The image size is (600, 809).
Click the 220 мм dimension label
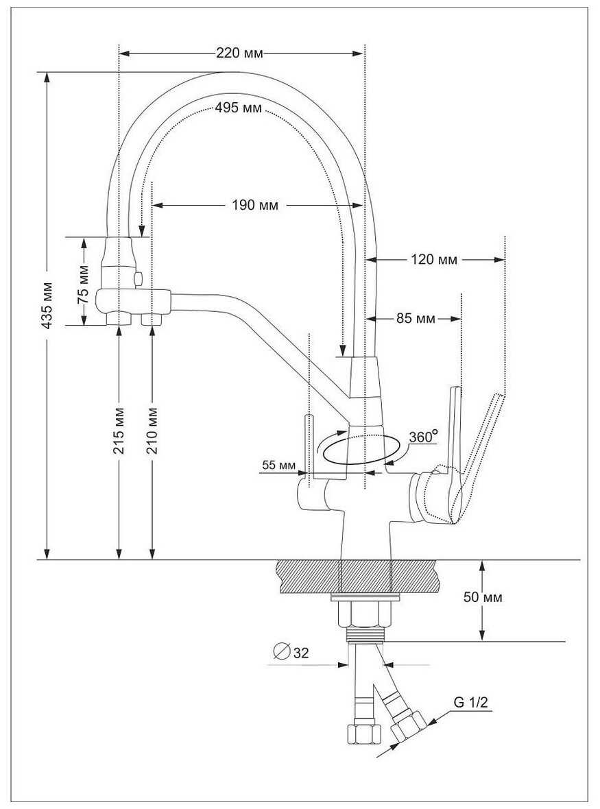pos(239,53)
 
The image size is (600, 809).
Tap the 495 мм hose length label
pos(238,108)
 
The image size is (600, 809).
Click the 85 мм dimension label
pos(416,319)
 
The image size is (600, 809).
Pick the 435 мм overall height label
pos(47,305)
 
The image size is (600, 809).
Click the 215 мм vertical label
pos(119,432)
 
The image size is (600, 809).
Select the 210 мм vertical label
pos(152,432)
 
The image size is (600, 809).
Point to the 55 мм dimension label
pos(278,466)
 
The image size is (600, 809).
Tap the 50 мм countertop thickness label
pos(482,597)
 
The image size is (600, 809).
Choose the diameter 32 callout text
pos(301,653)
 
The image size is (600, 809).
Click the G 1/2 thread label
pos(471,702)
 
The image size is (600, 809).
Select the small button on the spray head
pos(139,278)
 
